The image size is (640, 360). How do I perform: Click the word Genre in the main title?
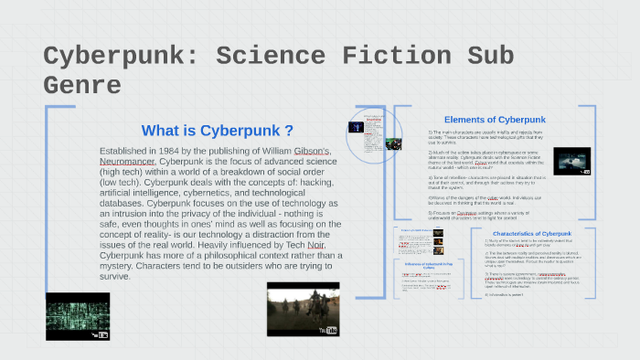point(82,86)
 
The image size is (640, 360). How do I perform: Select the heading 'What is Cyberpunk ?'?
point(218,131)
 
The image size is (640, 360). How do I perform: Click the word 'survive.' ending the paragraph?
point(116,276)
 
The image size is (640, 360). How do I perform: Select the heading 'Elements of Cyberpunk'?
point(494,120)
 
